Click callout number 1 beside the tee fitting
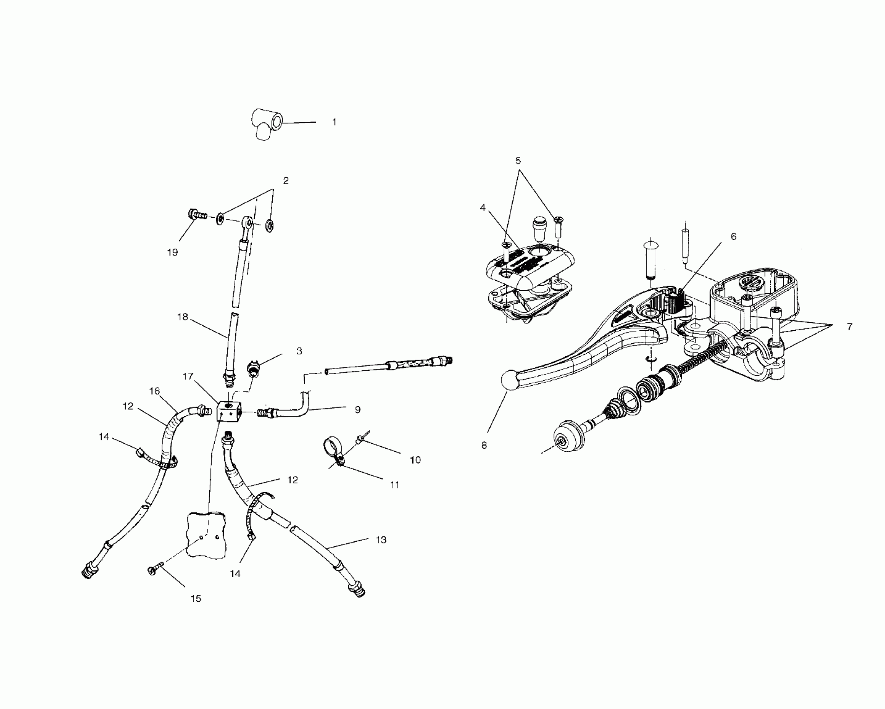point(334,122)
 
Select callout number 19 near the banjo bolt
point(172,252)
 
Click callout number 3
point(299,351)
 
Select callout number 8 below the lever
point(484,445)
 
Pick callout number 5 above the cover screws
point(518,161)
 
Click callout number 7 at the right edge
point(850,327)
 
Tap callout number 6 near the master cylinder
point(733,236)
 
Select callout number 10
point(415,460)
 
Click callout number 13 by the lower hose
point(381,540)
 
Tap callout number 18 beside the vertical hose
point(183,317)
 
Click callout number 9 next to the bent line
point(357,410)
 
